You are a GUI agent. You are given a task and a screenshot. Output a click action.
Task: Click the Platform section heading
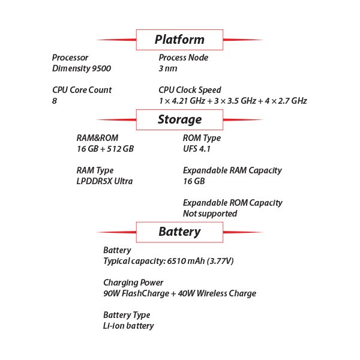(179, 40)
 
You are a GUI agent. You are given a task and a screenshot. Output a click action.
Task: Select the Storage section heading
(180, 119)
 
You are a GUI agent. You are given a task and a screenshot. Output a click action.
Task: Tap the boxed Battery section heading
(179, 232)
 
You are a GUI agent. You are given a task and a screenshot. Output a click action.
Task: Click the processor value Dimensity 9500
(82, 68)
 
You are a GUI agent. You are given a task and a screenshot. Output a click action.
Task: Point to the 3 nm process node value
(168, 68)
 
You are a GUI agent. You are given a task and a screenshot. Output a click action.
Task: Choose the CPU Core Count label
(82, 90)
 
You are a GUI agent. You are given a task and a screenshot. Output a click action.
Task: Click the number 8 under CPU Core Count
(55, 101)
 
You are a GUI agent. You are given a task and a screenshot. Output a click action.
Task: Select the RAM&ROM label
(97, 138)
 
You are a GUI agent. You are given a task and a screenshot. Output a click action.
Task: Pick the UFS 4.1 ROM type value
(197, 149)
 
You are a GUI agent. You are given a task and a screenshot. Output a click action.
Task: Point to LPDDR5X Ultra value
(104, 181)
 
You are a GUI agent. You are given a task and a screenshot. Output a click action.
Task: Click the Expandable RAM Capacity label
(232, 170)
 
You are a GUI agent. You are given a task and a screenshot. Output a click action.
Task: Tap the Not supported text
(210, 214)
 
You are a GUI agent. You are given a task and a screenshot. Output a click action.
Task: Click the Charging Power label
(133, 283)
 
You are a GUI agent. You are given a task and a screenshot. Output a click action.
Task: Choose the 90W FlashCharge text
(136, 293)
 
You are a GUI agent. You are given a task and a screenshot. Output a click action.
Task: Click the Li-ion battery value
(128, 326)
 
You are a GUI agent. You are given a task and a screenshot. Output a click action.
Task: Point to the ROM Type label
(202, 138)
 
